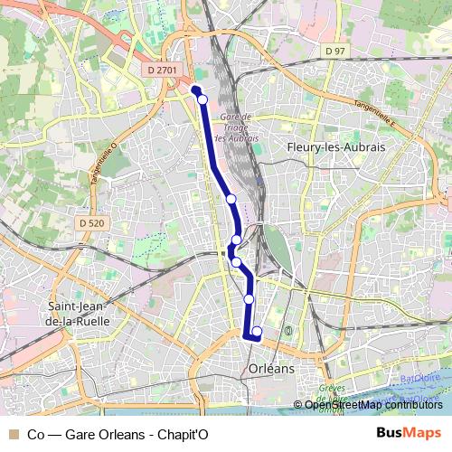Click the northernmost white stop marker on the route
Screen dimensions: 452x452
point(202,99)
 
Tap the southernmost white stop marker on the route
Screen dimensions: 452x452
point(257,332)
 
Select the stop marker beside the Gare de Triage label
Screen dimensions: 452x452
point(231,198)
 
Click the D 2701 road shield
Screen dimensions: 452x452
point(161,68)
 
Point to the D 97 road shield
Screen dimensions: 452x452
point(336,52)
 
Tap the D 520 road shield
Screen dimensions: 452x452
point(92,222)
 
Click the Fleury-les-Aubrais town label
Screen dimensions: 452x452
point(335,146)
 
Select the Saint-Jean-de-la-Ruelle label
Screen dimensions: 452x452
point(78,313)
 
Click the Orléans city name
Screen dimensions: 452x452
point(270,369)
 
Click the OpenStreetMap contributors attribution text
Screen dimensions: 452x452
point(373,405)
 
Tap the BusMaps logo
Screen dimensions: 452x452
point(408,433)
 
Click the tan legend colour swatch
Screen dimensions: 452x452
point(13,434)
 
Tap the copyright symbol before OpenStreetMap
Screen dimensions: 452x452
point(298,405)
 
